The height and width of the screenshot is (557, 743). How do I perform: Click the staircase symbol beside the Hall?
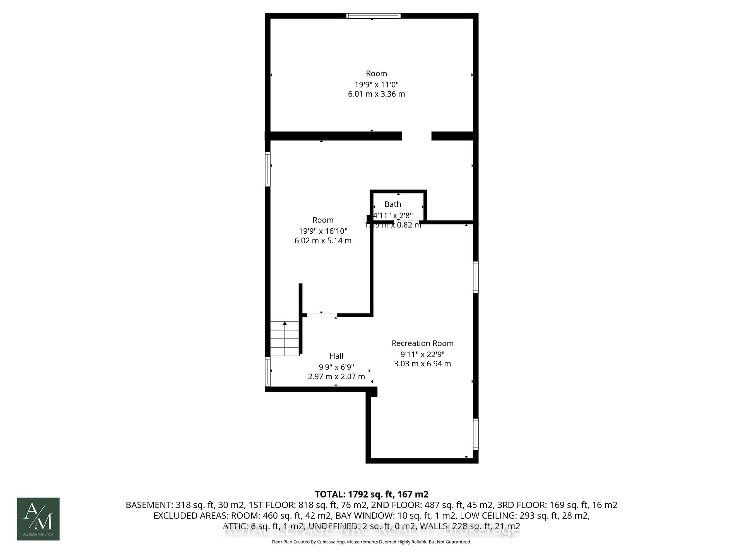(284, 338)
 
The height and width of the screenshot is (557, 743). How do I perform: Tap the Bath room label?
(393, 204)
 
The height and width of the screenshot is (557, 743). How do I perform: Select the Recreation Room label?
(422, 343)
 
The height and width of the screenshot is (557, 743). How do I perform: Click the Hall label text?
(336, 356)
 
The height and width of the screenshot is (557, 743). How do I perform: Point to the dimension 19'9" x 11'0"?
(376, 84)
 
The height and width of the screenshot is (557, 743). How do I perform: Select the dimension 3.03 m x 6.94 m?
(422, 364)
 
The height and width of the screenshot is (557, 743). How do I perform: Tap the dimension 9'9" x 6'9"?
(336, 367)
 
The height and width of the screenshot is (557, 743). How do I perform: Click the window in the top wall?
(373, 16)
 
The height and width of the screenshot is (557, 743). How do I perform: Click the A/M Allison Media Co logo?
(38, 519)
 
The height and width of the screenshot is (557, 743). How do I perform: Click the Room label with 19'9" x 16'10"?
(323, 220)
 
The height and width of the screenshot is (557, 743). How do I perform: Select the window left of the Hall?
(268, 371)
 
